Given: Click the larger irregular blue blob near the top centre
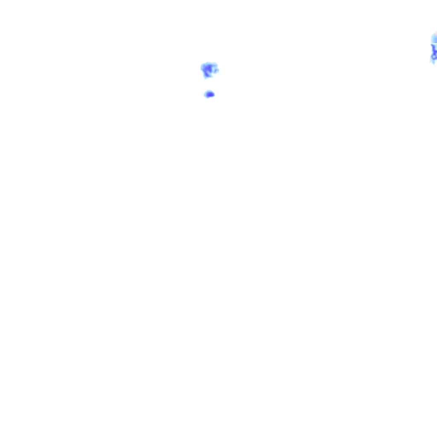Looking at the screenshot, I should point(209,70).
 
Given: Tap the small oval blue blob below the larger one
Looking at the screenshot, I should point(209,94).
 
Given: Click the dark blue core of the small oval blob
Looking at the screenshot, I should point(210,94).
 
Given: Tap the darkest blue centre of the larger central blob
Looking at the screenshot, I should point(209,69).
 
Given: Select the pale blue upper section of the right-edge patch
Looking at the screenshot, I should point(434,39).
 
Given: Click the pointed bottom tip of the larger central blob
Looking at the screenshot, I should point(207,77).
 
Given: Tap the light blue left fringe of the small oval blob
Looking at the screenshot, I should point(205,95).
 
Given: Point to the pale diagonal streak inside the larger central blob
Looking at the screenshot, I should point(207,71).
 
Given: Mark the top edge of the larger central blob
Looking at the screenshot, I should point(209,63).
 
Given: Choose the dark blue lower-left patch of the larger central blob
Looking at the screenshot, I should point(206,73).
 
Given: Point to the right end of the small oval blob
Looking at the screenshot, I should point(213,94).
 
